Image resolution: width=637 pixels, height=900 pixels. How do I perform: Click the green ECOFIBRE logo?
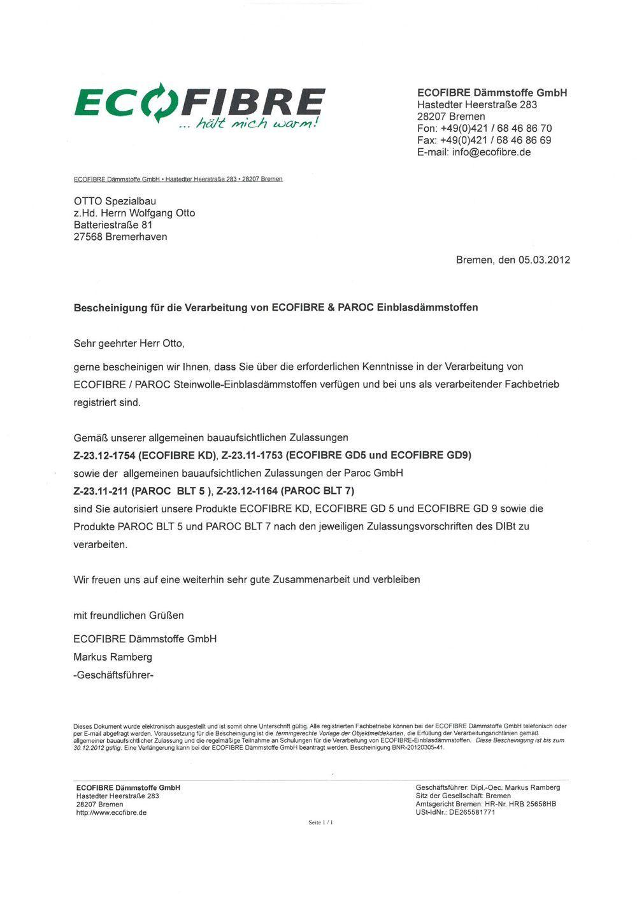tap(199, 101)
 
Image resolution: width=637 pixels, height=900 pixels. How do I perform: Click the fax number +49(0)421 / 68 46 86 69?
tap(496, 140)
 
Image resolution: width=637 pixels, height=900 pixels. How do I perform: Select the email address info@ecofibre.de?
tap(491, 152)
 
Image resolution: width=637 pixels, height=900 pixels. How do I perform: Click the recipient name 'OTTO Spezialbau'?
tap(115, 201)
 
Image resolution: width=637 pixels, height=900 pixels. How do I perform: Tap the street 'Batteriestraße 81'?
tap(113, 225)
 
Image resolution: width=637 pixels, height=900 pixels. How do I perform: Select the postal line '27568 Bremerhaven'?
tap(120, 237)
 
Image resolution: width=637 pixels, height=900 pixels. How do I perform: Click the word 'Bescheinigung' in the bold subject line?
tap(111, 307)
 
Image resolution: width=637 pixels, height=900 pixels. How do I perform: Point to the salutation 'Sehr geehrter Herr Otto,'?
tap(129, 343)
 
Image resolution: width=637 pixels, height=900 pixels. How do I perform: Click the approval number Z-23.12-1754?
tap(104, 455)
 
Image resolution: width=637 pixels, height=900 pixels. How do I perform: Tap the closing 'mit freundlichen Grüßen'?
tap(129, 615)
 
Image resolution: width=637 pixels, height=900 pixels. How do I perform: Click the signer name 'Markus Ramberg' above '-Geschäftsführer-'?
tap(113, 657)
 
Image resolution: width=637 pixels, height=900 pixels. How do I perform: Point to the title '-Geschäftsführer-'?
tap(113, 675)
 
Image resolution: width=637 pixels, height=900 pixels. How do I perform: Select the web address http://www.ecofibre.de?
tap(111, 812)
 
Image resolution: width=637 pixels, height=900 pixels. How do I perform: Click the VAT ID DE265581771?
tap(472, 812)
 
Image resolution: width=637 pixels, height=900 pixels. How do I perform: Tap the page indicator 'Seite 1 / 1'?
tap(320, 822)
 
